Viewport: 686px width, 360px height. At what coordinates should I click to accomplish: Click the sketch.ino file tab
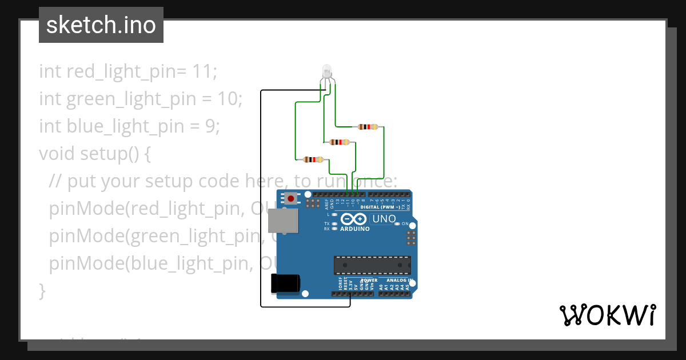(x=101, y=25)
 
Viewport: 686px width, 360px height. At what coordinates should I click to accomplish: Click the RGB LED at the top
(x=327, y=72)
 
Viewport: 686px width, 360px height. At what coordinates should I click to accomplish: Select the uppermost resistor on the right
(x=368, y=126)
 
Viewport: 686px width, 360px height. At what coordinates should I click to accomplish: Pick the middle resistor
(x=340, y=142)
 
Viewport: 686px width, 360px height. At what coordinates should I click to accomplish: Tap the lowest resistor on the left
(x=313, y=159)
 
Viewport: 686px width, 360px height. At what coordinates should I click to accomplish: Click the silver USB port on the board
(x=284, y=221)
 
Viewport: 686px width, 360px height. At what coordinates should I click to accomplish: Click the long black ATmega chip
(x=372, y=265)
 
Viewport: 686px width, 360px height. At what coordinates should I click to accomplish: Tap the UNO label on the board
(x=384, y=219)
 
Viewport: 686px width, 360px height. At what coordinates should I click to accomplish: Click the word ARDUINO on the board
(x=354, y=229)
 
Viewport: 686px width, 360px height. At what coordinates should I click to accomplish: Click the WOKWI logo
(x=607, y=315)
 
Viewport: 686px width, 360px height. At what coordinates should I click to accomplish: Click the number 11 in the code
(x=204, y=71)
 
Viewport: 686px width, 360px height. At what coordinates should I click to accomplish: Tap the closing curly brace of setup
(x=42, y=290)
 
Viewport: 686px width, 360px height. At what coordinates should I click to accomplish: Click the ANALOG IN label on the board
(x=398, y=280)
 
